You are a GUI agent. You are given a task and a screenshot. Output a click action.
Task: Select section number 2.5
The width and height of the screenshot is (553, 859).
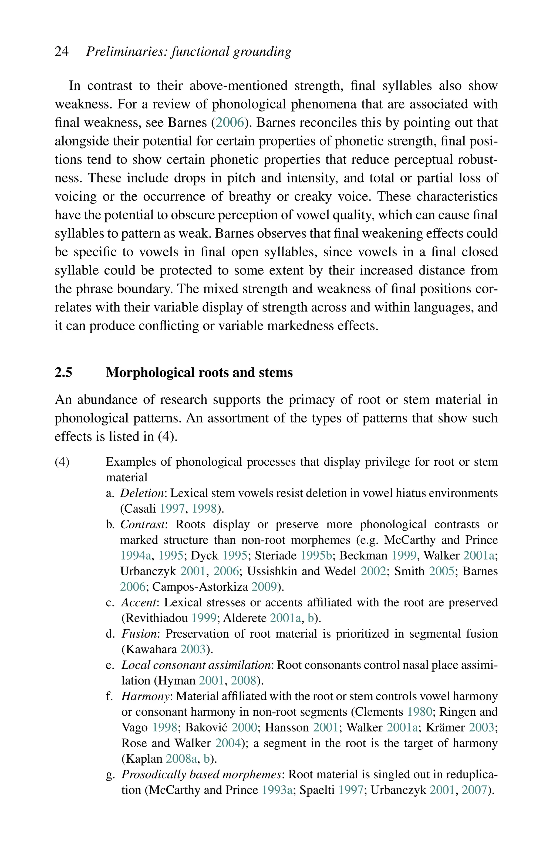pyautogui.click(x=63, y=373)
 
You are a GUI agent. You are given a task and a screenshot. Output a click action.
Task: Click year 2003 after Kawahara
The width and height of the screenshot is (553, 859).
pyautogui.click(x=193, y=649)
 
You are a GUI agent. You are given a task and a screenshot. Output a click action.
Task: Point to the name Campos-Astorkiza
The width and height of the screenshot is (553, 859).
pyautogui.click(x=200, y=587)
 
